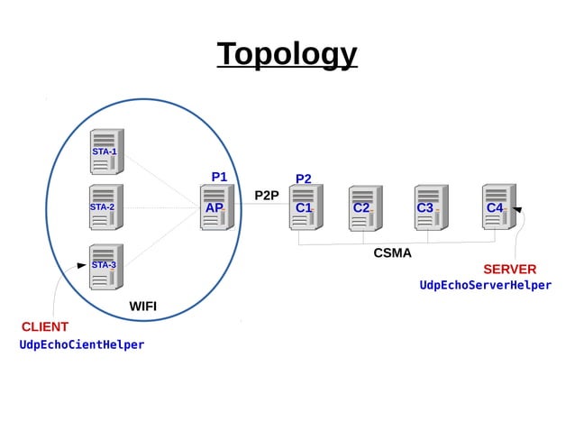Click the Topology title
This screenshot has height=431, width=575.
point(287,54)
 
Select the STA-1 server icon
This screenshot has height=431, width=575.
point(106,151)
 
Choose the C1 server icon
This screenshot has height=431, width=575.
point(306,207)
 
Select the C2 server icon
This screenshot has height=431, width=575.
point(365,208)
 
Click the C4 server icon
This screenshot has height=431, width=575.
point(497,206)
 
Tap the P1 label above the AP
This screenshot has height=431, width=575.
point(219,177)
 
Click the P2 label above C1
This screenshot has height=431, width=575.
point(304,179)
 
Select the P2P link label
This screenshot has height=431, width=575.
point(267,195)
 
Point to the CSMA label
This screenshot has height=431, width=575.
point(392,253)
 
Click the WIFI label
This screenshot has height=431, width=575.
point(142,307)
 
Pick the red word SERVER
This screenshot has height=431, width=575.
point(509,269)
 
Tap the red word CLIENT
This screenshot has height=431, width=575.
point(45,326)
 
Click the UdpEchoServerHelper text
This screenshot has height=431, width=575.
point(485,285)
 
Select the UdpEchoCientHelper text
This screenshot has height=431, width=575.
point(82,344)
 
